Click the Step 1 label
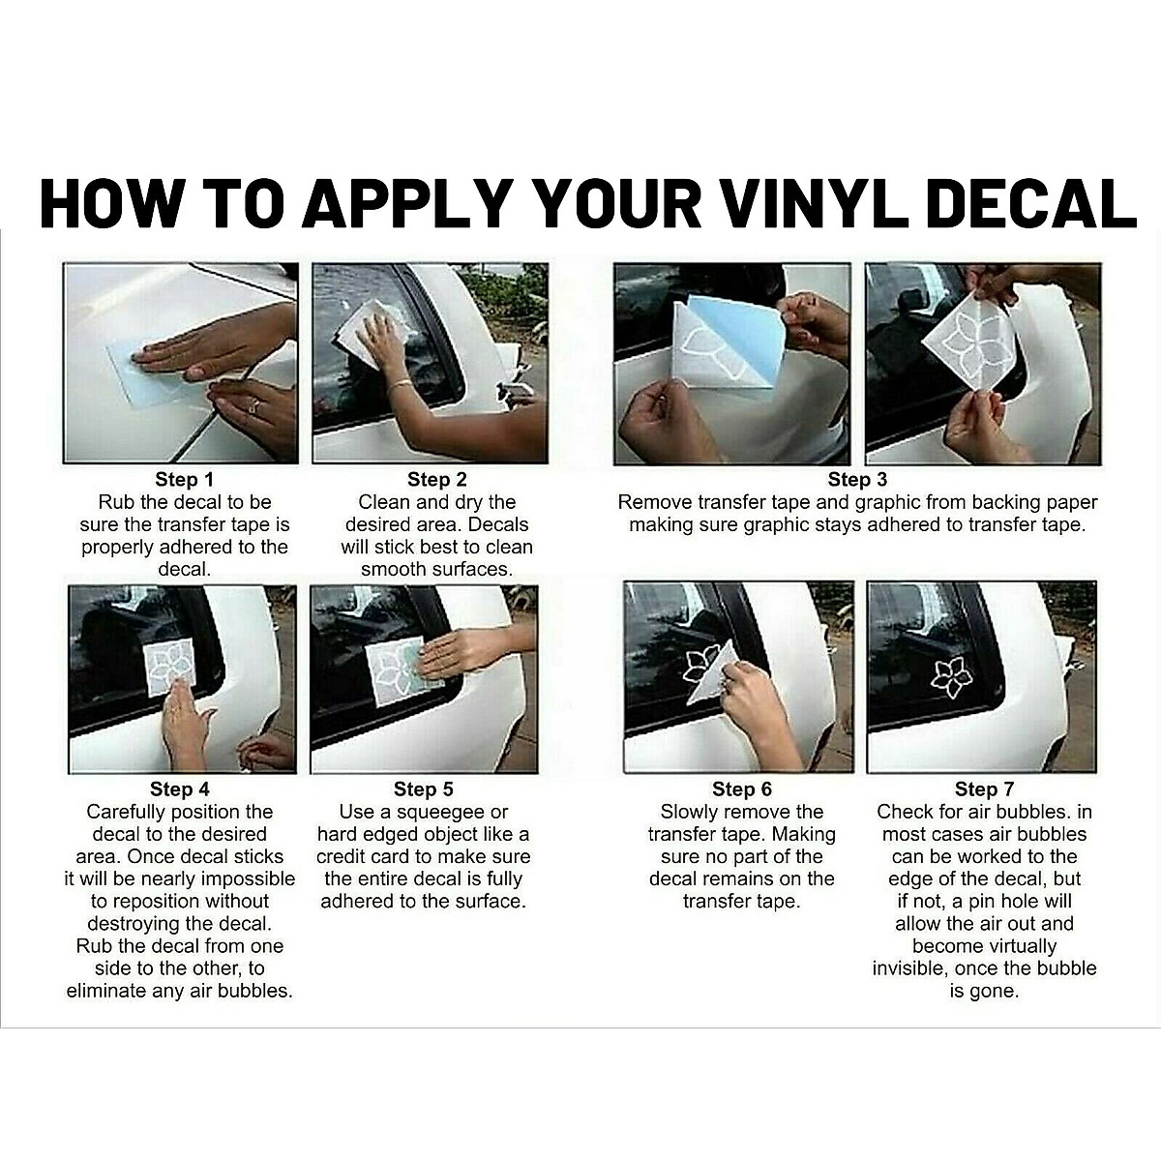(185, 480)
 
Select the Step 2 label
(436, 480)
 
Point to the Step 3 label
(857, 480)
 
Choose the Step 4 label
(180, 789)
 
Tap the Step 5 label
(423, 789)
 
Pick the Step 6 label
(742, 789)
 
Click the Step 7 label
(985, 789)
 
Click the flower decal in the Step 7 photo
(951, 678)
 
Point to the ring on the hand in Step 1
(254, 404)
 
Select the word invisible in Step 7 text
(908, 968)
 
